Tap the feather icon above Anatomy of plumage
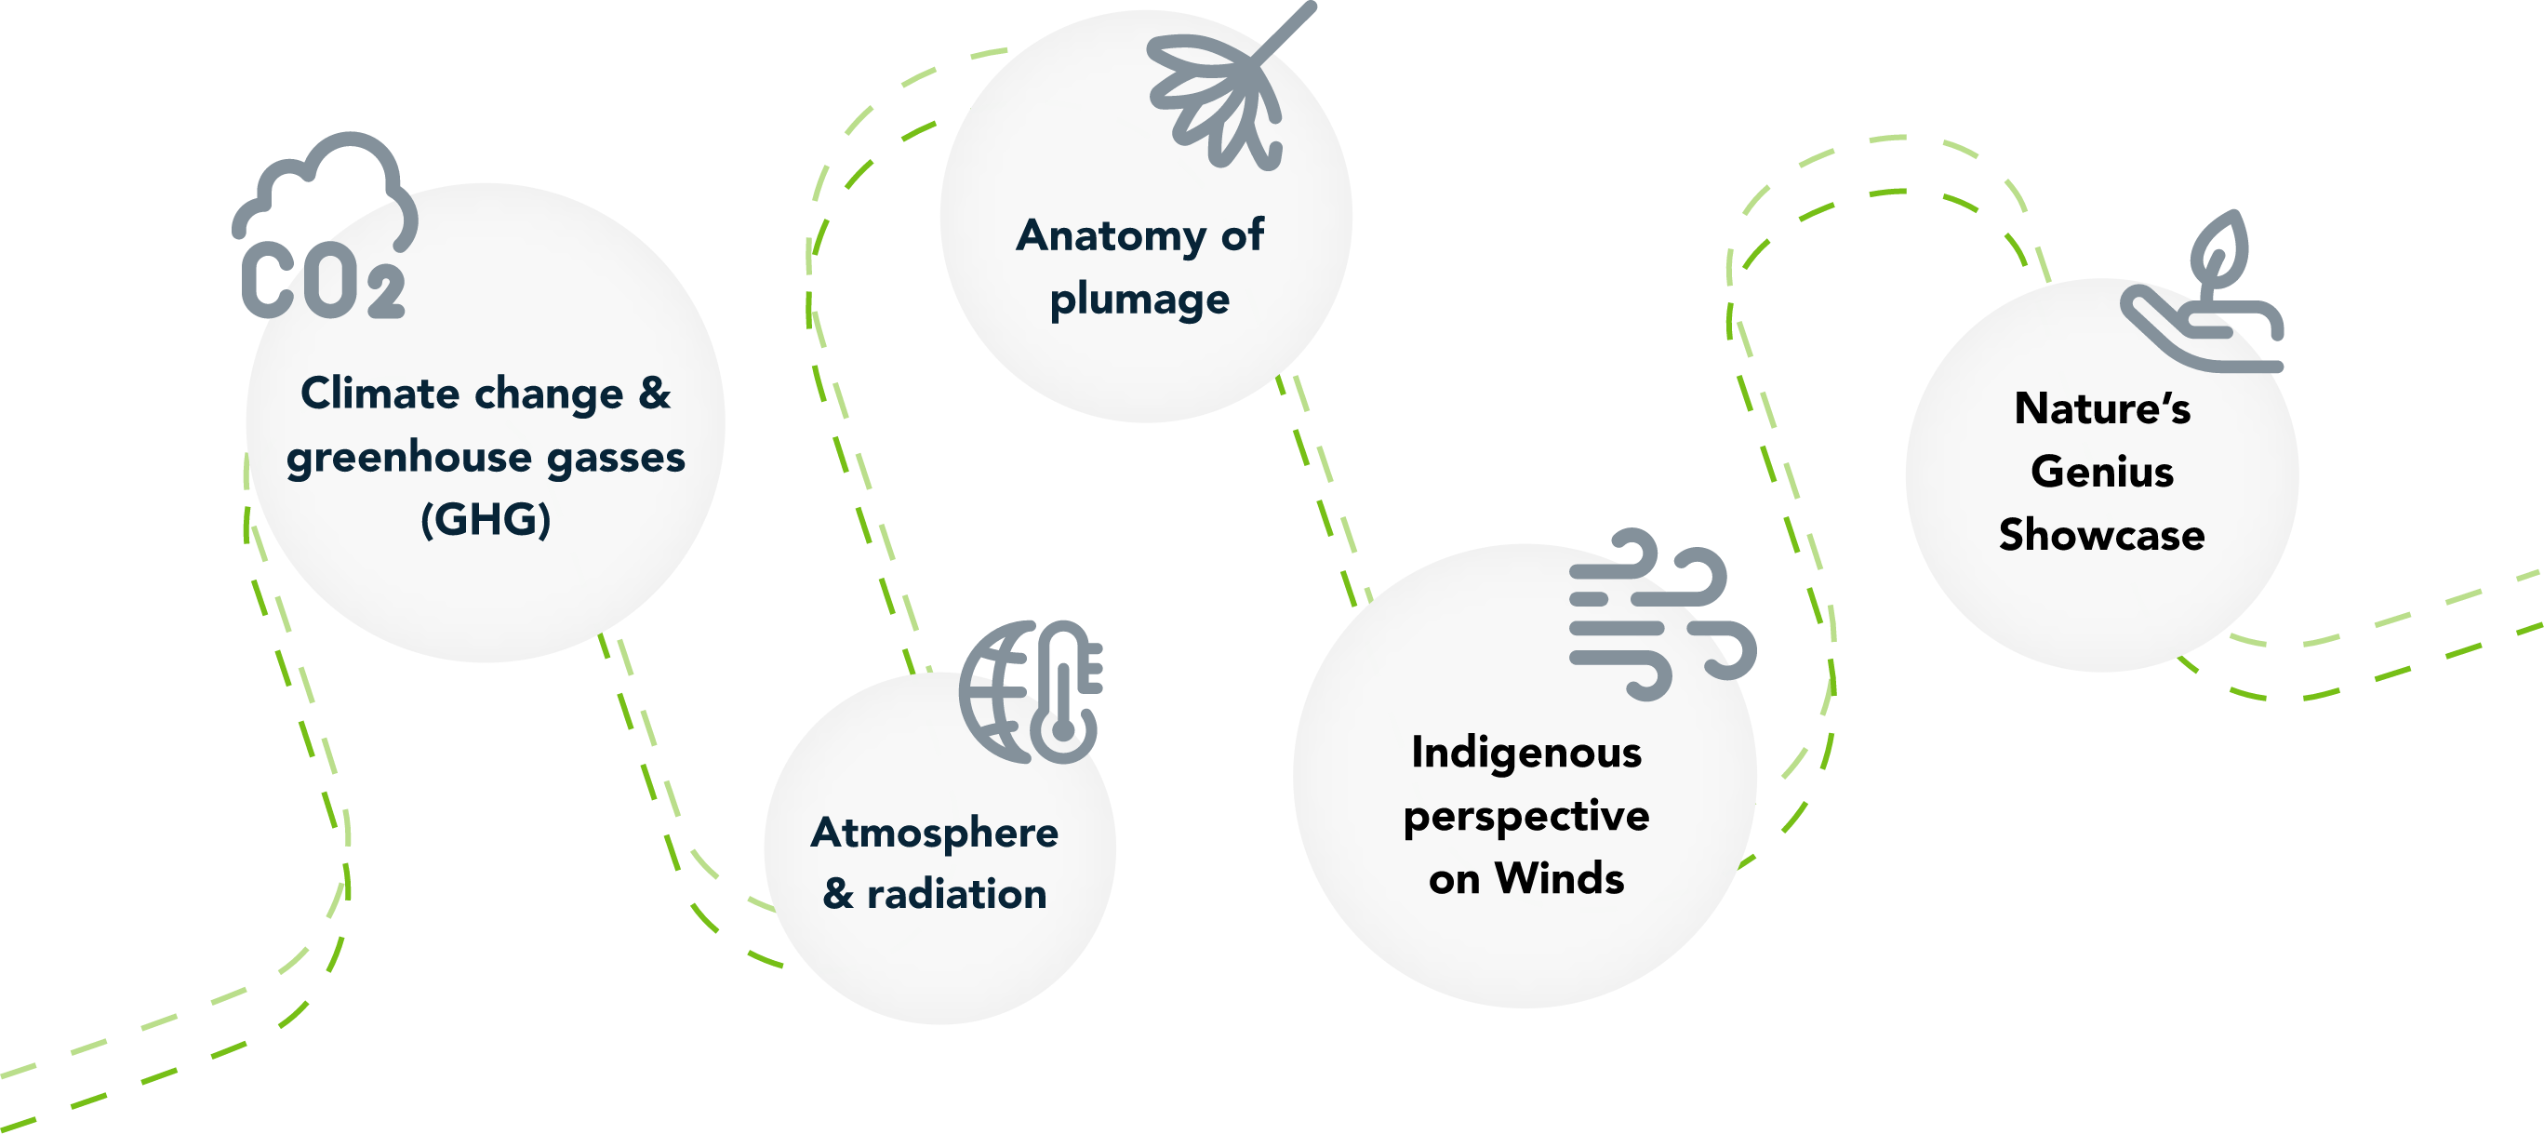point(1225,94)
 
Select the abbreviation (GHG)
point(485,520)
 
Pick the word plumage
point(1139,300)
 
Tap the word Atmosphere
point(934,833)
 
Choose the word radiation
point(956,894)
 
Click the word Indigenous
point(1525,753)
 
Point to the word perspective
point(1525,817)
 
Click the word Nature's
point(2101,409)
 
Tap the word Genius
point(2101,473)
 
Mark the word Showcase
point(2101,536)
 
